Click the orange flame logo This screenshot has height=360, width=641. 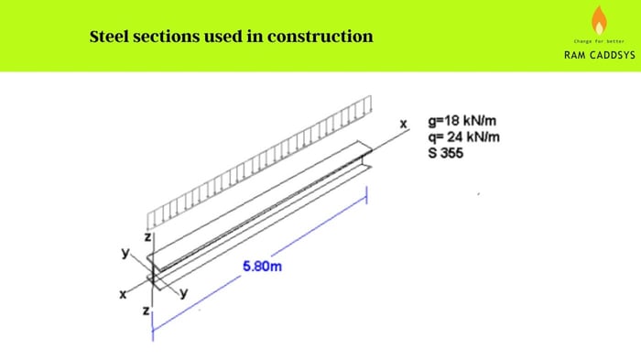point(600,19)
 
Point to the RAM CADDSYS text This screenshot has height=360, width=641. point(599,55)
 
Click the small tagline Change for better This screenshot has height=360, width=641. point(599,41)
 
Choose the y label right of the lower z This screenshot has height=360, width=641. point(183,294)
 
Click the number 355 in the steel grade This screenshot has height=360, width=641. point(451,152)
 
